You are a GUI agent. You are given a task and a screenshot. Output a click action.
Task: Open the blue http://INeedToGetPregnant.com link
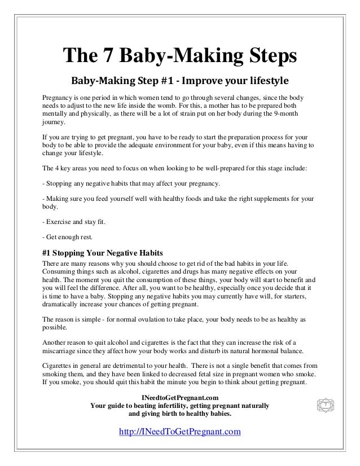tap(180, 432)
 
